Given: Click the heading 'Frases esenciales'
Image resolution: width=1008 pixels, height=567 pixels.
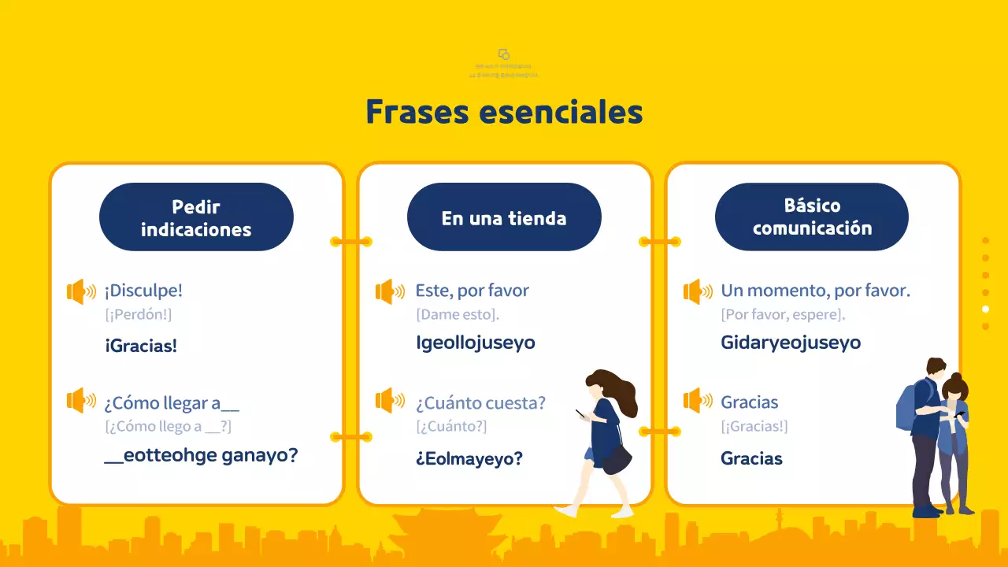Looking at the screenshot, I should [504, 112].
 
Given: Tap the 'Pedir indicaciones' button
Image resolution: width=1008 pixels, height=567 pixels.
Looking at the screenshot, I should [196, 217].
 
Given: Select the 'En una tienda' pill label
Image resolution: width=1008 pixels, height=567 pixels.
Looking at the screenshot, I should [504, 217].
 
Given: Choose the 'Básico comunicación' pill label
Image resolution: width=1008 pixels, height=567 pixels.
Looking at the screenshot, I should [812, 217].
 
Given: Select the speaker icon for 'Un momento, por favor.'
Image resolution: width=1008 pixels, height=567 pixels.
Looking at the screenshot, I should [697, 291].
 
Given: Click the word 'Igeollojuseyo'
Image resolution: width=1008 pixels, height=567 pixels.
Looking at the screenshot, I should [476, 343].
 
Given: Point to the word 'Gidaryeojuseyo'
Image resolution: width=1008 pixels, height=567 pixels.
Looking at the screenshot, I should [791, 343].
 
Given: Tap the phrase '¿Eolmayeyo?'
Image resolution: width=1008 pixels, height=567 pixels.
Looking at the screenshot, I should [469, 458].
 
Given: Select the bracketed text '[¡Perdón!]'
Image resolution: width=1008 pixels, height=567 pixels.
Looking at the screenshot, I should [138, 314].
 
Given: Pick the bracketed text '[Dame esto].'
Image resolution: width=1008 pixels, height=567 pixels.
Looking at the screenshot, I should [458, 314].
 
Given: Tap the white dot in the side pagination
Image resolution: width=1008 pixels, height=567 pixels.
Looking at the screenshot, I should [985, 309].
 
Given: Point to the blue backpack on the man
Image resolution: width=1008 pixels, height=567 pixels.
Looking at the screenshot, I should [906, 406].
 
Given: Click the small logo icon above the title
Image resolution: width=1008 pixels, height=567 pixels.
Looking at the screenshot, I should [504, 54].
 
